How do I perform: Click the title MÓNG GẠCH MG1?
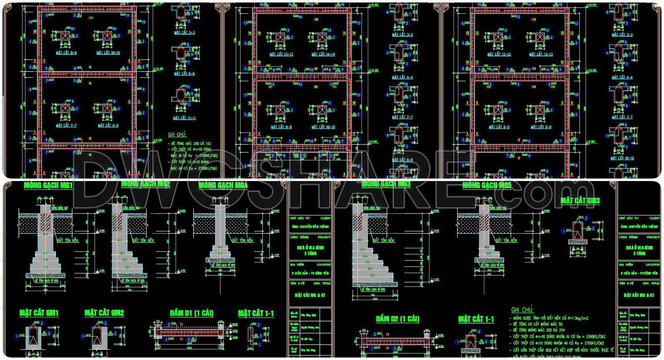click(48, 185)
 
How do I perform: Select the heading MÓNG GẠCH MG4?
click(223, 185)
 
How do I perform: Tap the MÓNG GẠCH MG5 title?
click(487, 185)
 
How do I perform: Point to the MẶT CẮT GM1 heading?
click(39, 313)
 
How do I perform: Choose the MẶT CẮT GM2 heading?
click(104, 313)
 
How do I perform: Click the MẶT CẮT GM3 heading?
click(580, 201)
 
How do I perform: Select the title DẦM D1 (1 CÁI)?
click(192, 313)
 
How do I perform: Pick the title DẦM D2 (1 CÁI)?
click(398, 319)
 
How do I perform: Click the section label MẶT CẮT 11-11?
click(185, 118)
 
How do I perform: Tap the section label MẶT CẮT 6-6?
click(184, 73)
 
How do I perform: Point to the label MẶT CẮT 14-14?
click(323, 54)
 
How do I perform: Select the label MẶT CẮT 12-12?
click(499, 54)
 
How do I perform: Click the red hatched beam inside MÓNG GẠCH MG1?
click(46, 223)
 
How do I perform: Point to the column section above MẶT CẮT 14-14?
click(322, 37)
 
